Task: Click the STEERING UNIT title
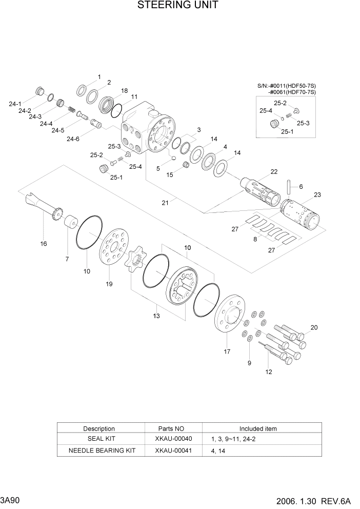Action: [x=178, y=6]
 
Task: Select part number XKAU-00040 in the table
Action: [x=173, y=439]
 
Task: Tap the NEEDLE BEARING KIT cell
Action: [x=98, y=451]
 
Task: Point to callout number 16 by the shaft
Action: [x=44, y=244]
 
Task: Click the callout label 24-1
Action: [x=15, y=104]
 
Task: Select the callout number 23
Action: [x=317, y=194]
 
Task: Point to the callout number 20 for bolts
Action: [x=314, y=327]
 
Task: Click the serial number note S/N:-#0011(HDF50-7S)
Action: [x=286, y=86]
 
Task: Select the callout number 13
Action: [x=156, y=316]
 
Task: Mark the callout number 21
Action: [x=165, y=203]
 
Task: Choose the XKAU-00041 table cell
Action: [x=173, y=451]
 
